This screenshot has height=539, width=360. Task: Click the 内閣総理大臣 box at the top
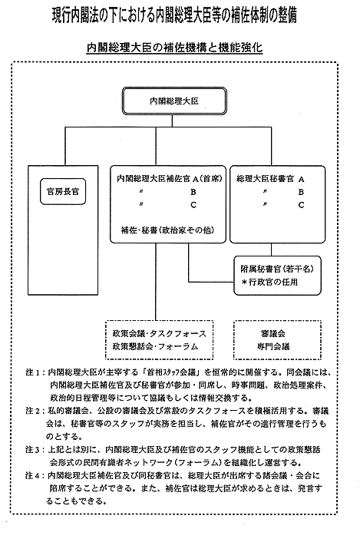point(174,101)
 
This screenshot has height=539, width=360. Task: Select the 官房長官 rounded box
point(63,191)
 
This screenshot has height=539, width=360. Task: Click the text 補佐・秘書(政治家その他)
point(167,230)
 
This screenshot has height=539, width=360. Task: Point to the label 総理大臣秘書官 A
point(270,179)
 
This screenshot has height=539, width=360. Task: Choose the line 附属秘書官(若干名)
point(277,269)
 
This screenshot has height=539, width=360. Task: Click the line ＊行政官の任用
point(269,283)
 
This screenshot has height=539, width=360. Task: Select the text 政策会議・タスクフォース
point(160,333)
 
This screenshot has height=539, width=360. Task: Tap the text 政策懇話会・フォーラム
point(155,346)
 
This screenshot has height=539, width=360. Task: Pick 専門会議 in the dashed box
point(273,346)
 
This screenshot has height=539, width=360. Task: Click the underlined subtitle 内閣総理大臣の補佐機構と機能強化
point(174,48)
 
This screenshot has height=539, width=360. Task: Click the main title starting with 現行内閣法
point(174,16)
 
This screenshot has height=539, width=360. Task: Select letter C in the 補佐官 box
point(193,205)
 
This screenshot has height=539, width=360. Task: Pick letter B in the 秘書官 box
point(301,192)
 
